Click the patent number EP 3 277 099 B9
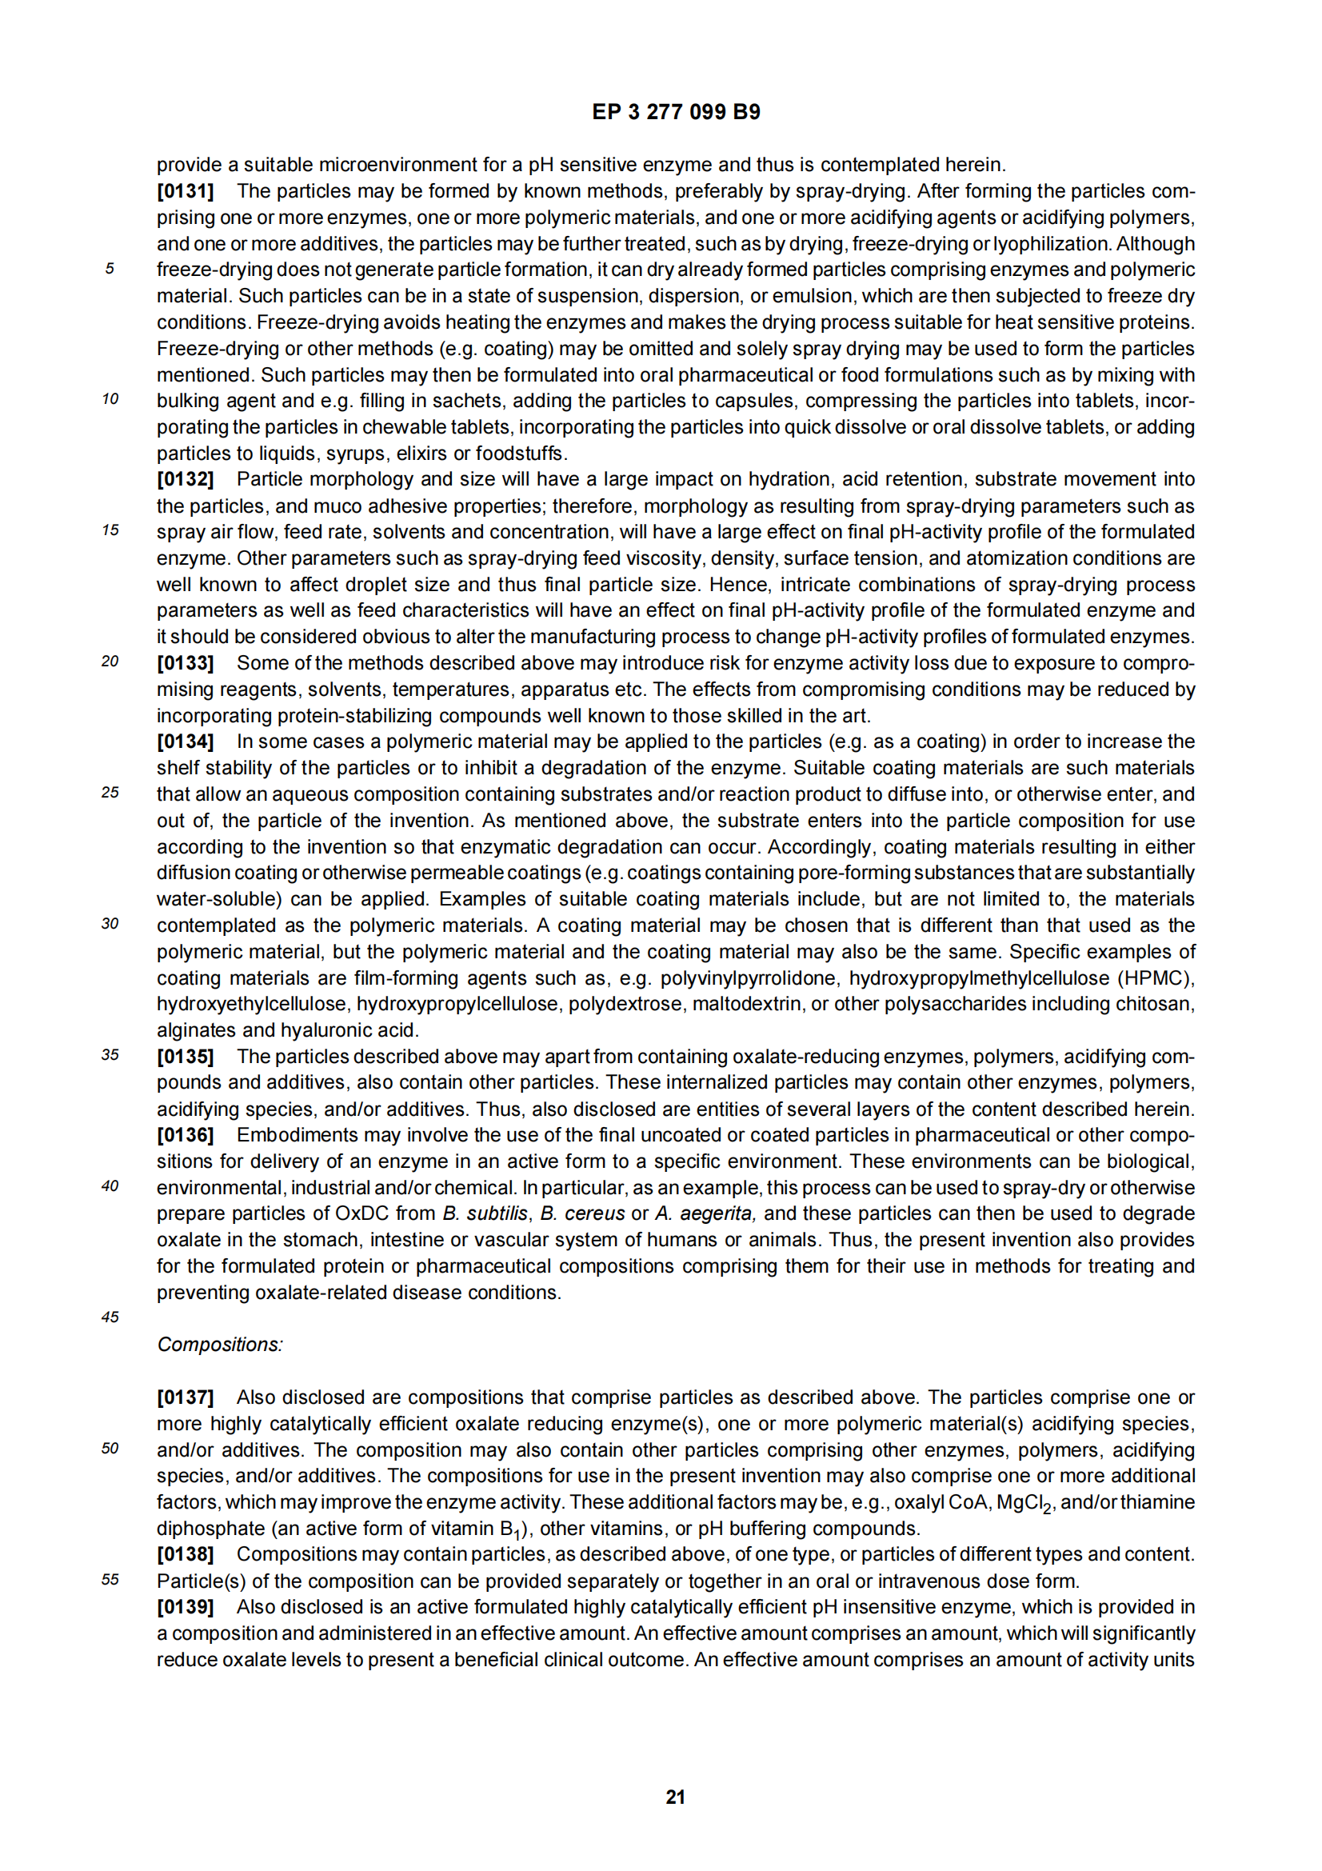[675, 113]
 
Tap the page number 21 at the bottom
[675, 1797]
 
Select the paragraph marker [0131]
[185, 191]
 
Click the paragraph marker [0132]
[185, 479]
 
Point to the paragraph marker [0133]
[185, 663]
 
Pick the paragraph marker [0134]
[185, 742]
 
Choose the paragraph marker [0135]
[185, 1056]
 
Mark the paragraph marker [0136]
[185, 1135]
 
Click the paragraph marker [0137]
[185, 1397]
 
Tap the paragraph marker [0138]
[185, 1554]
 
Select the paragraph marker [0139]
[185, 1607]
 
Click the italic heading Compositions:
[220, 1345]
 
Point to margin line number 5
[109, 269]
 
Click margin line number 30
[110, 923]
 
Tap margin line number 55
[110, 1579]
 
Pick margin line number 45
[110, 1317]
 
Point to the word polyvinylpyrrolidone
[748, 977]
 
